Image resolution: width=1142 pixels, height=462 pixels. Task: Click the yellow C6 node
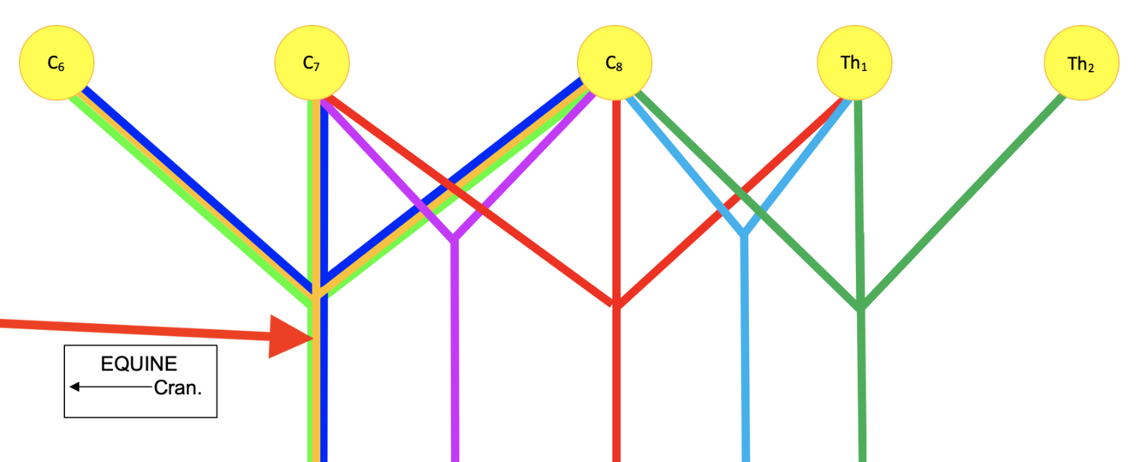click(57, 63)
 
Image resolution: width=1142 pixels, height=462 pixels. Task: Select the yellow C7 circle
click(312, 63)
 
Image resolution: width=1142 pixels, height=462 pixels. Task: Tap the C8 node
click(614, 63)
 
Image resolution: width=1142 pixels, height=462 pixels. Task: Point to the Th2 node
click(1081, 63)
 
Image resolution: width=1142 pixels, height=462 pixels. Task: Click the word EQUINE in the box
click(140, 364)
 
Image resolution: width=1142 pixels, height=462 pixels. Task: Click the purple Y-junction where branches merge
click(455, 237)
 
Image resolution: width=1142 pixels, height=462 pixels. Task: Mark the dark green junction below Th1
click(861, 307)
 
